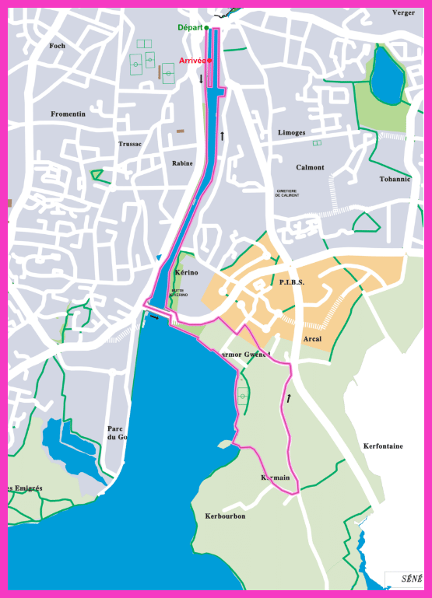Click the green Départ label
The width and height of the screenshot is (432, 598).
pos(190,27)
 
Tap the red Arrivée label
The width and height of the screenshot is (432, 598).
pos(192,60)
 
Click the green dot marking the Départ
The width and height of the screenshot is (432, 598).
pos(206,27)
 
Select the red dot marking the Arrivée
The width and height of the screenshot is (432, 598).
pos(209,60)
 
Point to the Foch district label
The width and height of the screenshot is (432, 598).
pos(57,46)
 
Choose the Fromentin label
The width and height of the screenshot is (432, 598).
pos(68,114)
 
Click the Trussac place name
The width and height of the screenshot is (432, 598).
pos(130,144)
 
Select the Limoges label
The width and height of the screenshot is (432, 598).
pos(292,133)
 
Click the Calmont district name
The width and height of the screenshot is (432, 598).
pos(310,167)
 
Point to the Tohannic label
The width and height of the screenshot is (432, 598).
pos(395,178)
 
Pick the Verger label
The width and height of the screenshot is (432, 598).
pos(403,12)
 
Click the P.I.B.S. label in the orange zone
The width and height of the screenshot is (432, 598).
pos(291,282)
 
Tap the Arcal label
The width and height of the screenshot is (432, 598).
pos(312,338)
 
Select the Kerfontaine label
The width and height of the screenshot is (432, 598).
pos(383,446)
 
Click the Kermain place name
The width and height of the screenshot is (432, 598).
pos(276,477)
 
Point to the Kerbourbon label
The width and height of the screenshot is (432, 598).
pos(225,516)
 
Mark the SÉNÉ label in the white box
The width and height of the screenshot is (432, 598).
pos(412,579)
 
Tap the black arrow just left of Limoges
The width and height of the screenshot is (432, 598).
pos(222,136)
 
